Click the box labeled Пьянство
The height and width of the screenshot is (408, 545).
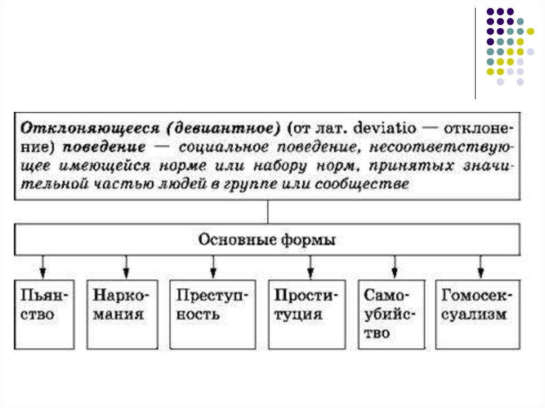coord(44,314)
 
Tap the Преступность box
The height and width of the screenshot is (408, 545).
coord(212,314)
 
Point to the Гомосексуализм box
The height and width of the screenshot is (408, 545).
coord(478,314)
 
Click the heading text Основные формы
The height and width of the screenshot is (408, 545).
coord(267,240)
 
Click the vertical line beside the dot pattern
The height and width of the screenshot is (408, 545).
coord(475,53)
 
